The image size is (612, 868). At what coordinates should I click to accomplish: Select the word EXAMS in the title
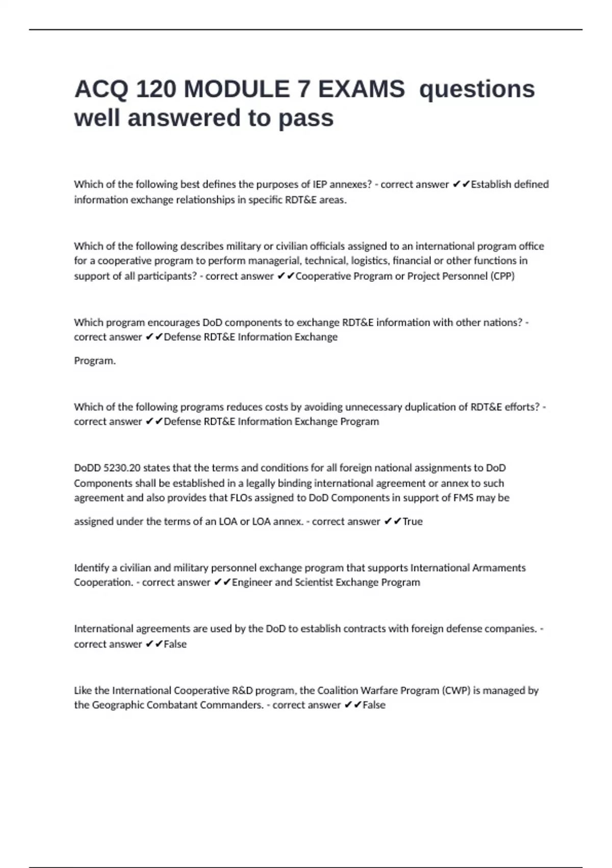coord(361,89)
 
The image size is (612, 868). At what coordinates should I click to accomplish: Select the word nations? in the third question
coord(503,323)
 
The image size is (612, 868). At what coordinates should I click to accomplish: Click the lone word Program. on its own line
coord(95,361)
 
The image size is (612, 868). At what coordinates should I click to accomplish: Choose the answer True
coord(413,522)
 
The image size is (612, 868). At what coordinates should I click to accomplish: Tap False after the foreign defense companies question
coord(175,644)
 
